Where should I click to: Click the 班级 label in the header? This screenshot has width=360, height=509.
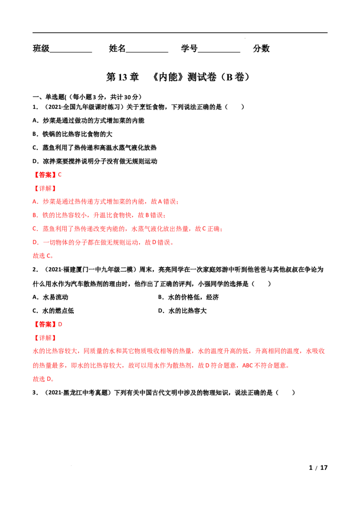coord(41,49)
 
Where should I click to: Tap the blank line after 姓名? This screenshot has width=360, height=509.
coord(147,52)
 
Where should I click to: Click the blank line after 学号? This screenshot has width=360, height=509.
coord(219,52)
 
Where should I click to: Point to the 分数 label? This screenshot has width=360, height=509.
coord(261,49)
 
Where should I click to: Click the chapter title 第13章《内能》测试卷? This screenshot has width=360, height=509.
coord(178,77)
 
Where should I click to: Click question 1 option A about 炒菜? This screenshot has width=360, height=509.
coord(88,121)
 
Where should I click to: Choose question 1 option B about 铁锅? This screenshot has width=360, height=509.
coord(72,134)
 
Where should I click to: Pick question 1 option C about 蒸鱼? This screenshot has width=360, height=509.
coord(94,147)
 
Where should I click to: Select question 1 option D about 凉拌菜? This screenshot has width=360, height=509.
coord(95,161)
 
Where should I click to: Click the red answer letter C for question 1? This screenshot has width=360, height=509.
coord(60,174)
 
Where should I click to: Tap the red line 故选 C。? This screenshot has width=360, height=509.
coord(43,256)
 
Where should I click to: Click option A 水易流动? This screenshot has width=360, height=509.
coord(51,297)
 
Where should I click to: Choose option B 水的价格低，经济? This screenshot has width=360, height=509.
coord(189,297)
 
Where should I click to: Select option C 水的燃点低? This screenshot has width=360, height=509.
coord(53,311)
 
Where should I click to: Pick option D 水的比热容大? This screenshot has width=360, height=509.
coord(182,311)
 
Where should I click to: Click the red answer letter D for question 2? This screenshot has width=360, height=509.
coord(60,324)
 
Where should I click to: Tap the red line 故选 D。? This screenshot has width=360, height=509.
coord(43,379)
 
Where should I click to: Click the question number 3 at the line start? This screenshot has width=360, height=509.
coord(35,393)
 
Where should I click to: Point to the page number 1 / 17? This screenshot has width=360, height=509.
coord(318,468)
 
